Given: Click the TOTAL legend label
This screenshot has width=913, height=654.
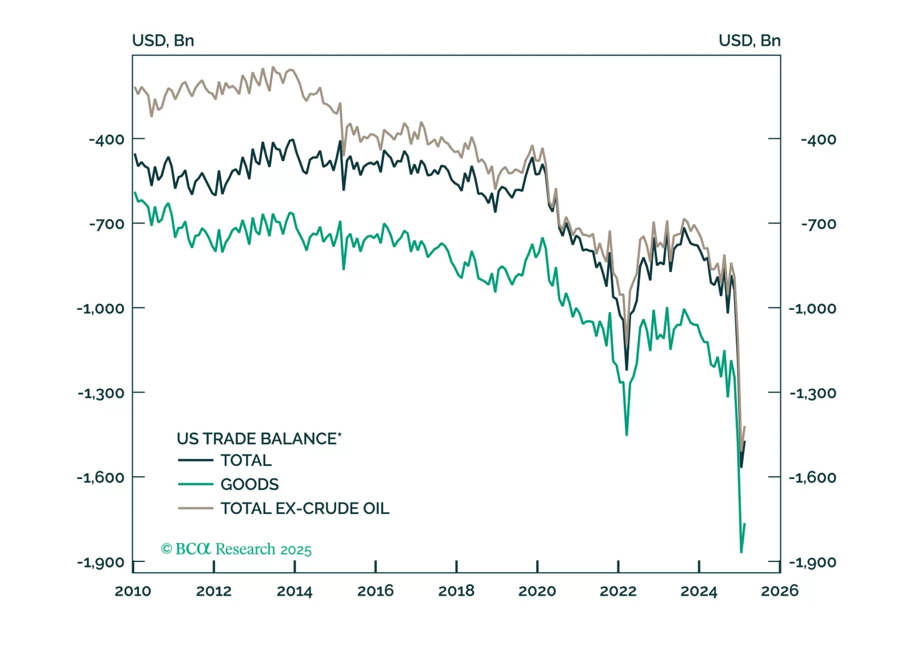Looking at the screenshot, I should point(246,460).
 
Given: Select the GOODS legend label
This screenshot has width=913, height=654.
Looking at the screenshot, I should point(249,484).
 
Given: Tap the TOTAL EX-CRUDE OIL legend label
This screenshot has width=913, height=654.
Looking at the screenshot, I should point(305,508).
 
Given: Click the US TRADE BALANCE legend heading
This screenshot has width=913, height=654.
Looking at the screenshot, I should point(258,438).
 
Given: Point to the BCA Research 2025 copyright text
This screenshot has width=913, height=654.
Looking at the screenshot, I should point(236,549).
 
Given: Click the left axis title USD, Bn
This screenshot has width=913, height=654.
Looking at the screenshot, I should point(163,41).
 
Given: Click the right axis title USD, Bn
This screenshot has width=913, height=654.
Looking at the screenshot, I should point(749,41).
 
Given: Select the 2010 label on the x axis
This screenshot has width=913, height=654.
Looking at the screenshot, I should point(133,591).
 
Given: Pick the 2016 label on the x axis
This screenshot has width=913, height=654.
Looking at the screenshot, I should point(375,591).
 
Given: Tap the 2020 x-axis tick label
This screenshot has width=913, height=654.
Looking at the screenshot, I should point(537,591).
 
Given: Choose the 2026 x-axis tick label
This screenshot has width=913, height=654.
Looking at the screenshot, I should point(779,591).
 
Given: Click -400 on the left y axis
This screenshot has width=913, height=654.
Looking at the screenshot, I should point(106,139).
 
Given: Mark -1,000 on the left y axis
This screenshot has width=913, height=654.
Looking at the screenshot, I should point(101,309).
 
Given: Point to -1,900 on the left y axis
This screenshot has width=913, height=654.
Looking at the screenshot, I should point(101,563).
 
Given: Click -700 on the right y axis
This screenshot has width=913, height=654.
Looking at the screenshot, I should point(818,224).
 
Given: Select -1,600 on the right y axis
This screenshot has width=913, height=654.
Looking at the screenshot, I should point(812,478).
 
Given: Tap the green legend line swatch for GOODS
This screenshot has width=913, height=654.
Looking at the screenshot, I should point(195,484).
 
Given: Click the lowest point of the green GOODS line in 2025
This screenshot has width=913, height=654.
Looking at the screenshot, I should point(741,552).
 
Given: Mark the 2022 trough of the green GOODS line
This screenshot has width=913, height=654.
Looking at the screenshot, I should point(627,435).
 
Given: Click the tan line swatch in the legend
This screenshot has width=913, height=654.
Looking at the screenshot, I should point(195,508).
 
